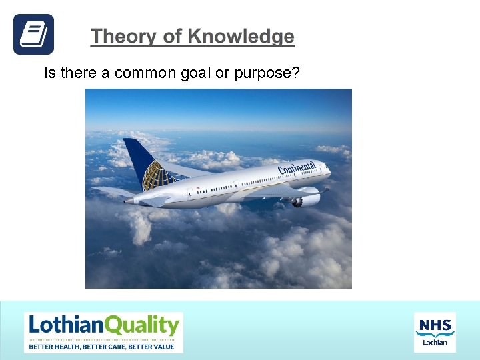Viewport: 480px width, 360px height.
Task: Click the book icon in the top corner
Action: pos(33,34)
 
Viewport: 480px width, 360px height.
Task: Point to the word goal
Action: pos(196,73)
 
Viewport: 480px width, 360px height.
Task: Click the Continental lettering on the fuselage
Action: pos(297,168)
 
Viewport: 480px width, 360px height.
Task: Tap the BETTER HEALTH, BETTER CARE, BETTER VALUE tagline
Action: pos(101,346)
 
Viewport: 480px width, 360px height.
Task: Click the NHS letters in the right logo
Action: pos(435,324)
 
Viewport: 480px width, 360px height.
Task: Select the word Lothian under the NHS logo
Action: pos(435,343)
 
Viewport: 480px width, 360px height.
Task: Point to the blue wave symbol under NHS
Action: pos(435,333)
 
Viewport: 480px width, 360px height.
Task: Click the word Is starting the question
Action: pos(50,73)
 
